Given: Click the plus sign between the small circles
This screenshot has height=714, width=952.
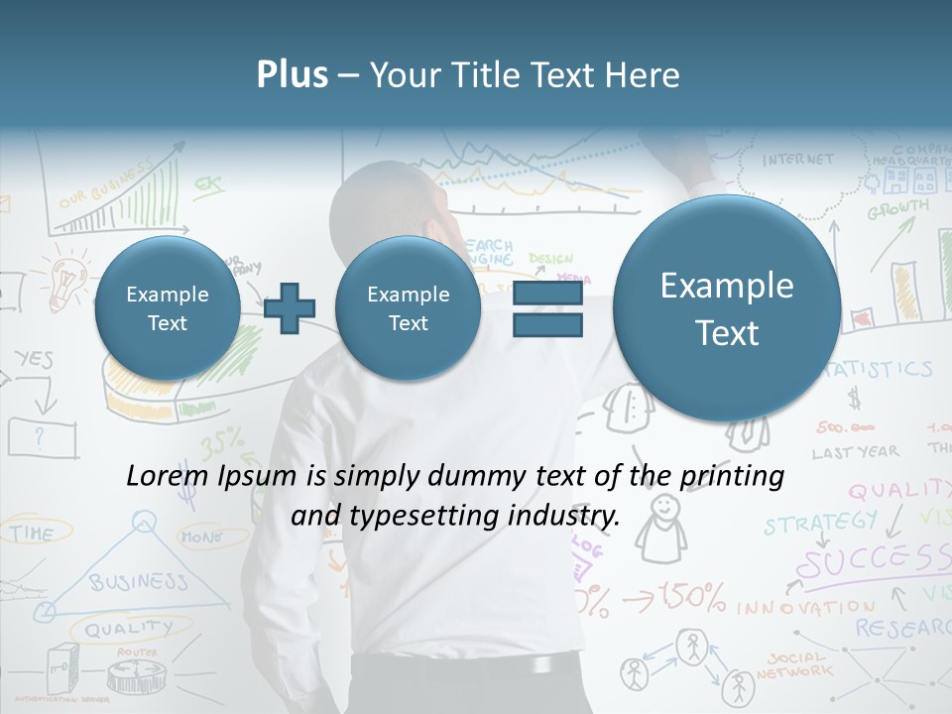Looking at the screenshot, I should tap(290, 308).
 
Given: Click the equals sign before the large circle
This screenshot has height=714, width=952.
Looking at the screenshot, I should tap(547, 308).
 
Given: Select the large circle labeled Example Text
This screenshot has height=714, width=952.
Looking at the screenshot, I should tap(727, 308).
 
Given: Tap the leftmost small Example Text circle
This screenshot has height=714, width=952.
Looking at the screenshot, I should tap(168, 308).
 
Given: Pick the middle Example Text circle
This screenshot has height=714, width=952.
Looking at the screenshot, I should tap(408, 308).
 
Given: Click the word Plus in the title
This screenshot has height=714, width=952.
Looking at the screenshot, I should tap(292, 74).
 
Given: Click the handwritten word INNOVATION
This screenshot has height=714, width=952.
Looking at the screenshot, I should tap(805, 606).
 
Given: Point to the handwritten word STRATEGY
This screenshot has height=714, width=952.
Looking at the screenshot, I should tap(820, 523).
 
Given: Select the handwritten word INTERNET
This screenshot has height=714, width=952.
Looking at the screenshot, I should tap(798, 160).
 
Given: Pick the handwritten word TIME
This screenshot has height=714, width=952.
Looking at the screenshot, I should tap(32, 534).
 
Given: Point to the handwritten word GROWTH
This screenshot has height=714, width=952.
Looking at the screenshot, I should tap(897, 210).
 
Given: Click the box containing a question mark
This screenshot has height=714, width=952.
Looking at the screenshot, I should tap(42, 435).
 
